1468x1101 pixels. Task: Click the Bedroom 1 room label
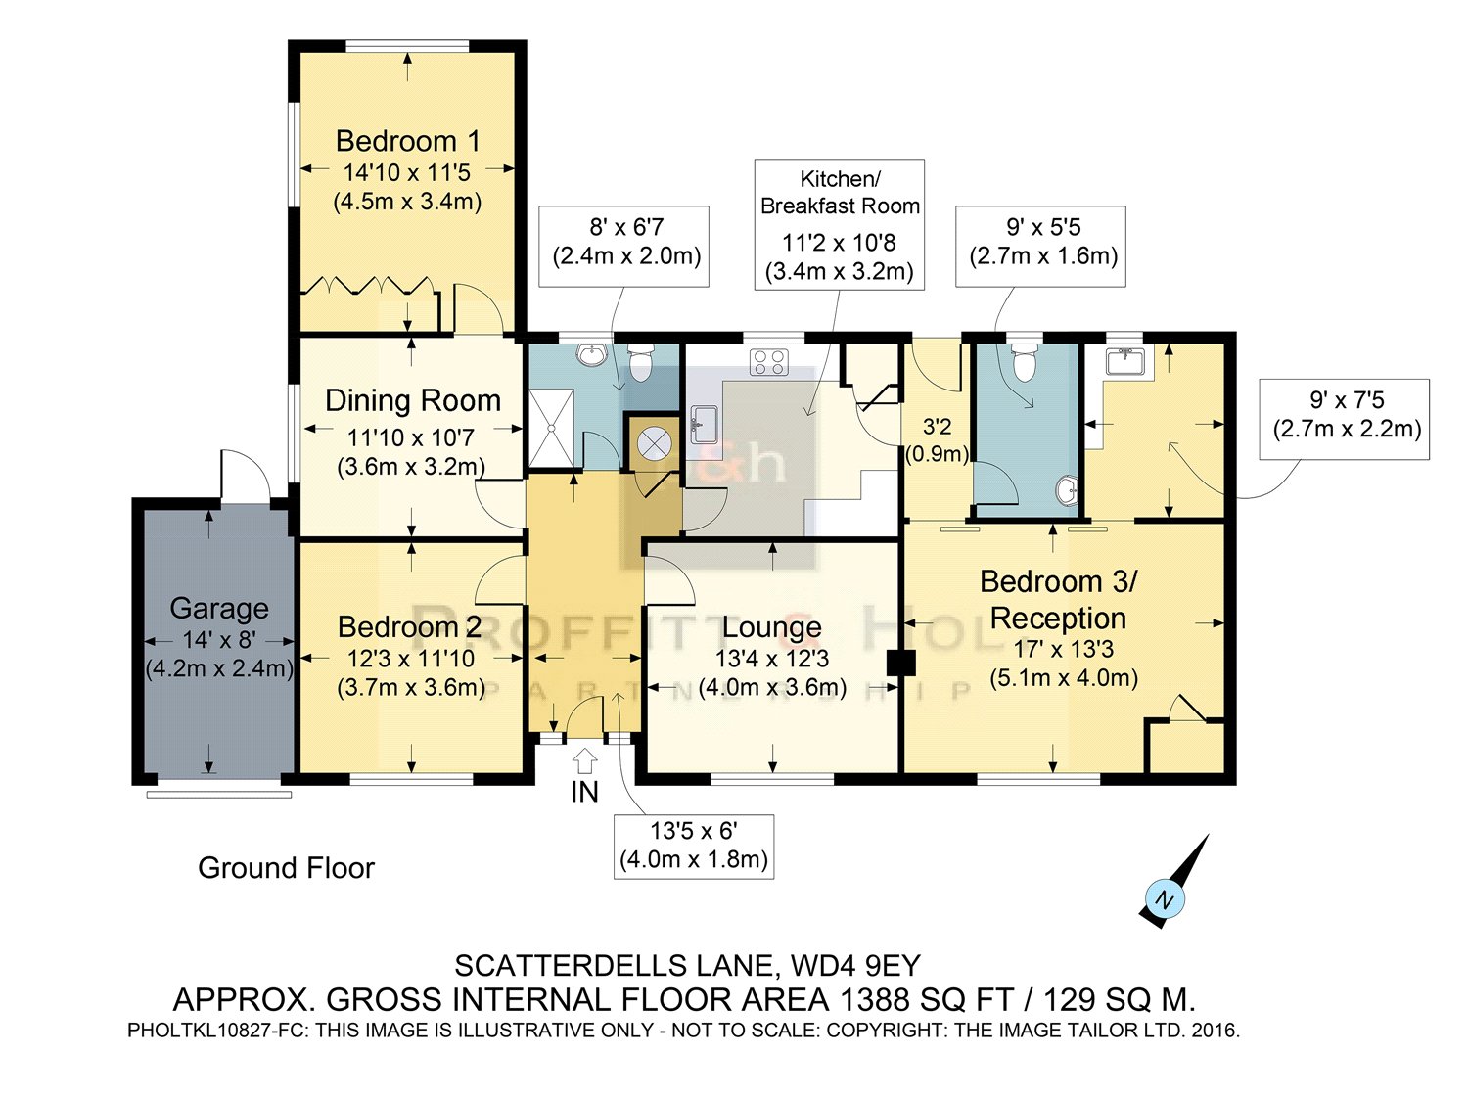tap(407, 141)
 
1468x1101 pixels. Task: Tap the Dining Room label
tap(413, 401)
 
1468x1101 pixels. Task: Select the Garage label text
tap(218, 609)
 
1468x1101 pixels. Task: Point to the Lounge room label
tap(772, 627)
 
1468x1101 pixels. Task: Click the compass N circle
tap(1165, 899)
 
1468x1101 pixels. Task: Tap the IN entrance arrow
tap(584, 761)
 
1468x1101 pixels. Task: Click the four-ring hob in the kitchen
tap(768, 362)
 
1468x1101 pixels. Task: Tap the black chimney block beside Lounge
tap(900, 664)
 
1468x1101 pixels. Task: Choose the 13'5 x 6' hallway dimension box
tap(694, 846)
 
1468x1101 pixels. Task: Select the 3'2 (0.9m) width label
tap(937, 440)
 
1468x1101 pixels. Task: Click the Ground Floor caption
tap(286, 868)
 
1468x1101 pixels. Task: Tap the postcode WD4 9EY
tap(855, 965)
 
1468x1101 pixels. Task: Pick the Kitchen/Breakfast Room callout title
tap(840, 193)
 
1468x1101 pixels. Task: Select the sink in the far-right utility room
tap(1125, 362)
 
